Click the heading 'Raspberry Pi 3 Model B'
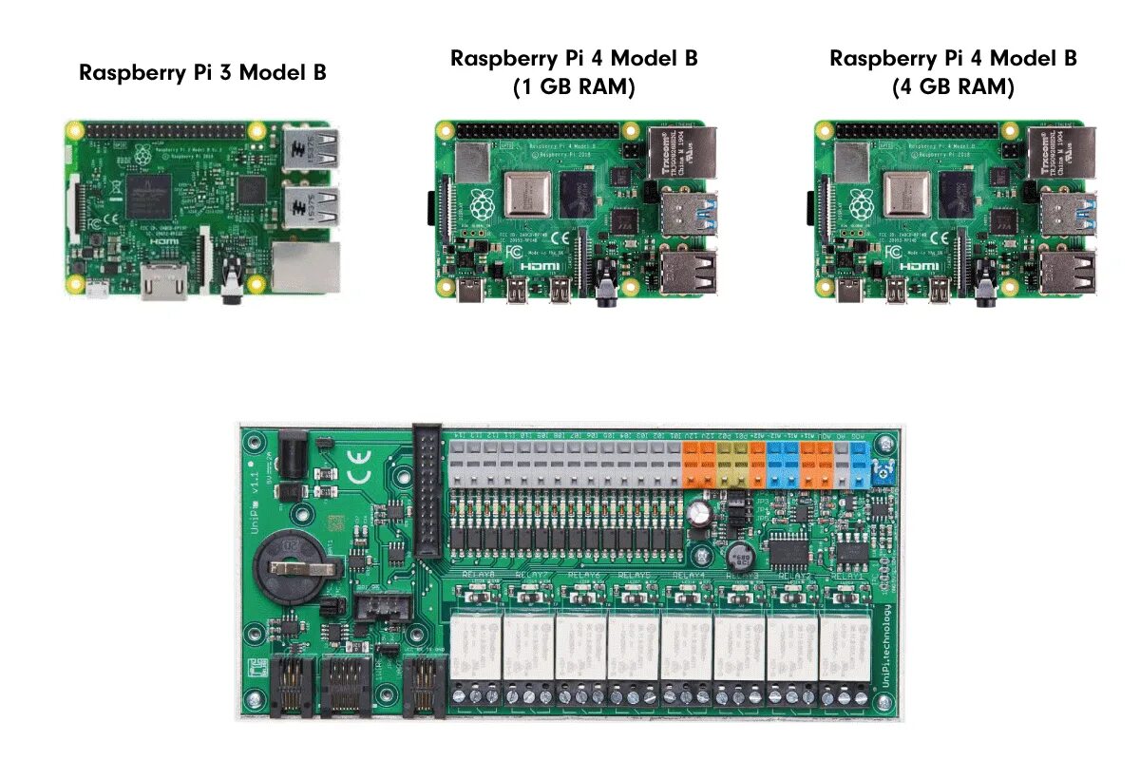202,72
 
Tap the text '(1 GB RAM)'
574,87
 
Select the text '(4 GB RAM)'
953,87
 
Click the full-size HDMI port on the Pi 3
163,282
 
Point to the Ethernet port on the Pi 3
305,266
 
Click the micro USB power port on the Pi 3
97,289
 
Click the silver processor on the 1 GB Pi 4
528,196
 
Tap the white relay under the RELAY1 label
843,647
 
